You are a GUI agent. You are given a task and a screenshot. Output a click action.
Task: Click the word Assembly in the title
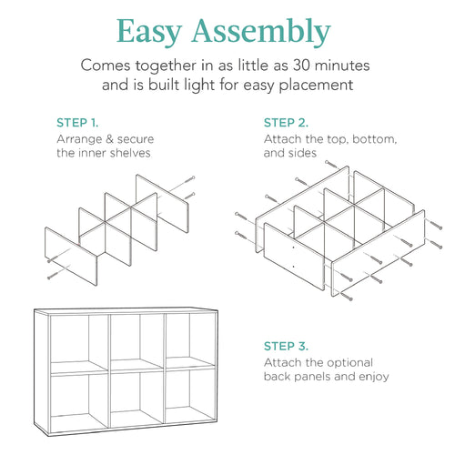click(268, 33)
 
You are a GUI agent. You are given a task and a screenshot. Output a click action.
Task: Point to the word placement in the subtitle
click(322, 86)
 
